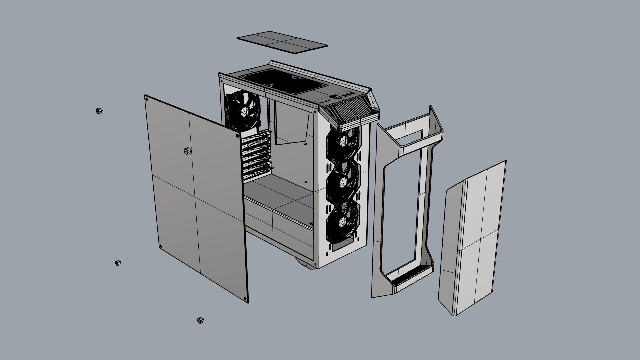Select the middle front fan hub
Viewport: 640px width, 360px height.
(342, 182)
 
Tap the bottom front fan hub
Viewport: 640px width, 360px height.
(342, 221)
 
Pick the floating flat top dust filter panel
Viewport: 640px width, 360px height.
(282, 42)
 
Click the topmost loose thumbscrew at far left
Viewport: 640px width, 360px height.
(99, 111)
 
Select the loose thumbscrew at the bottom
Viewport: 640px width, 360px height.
(200, 320)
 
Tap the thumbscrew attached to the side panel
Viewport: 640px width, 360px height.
(187, 151)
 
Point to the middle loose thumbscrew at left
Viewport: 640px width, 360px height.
(118, 263)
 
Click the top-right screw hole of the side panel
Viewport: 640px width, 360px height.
(237, 136)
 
